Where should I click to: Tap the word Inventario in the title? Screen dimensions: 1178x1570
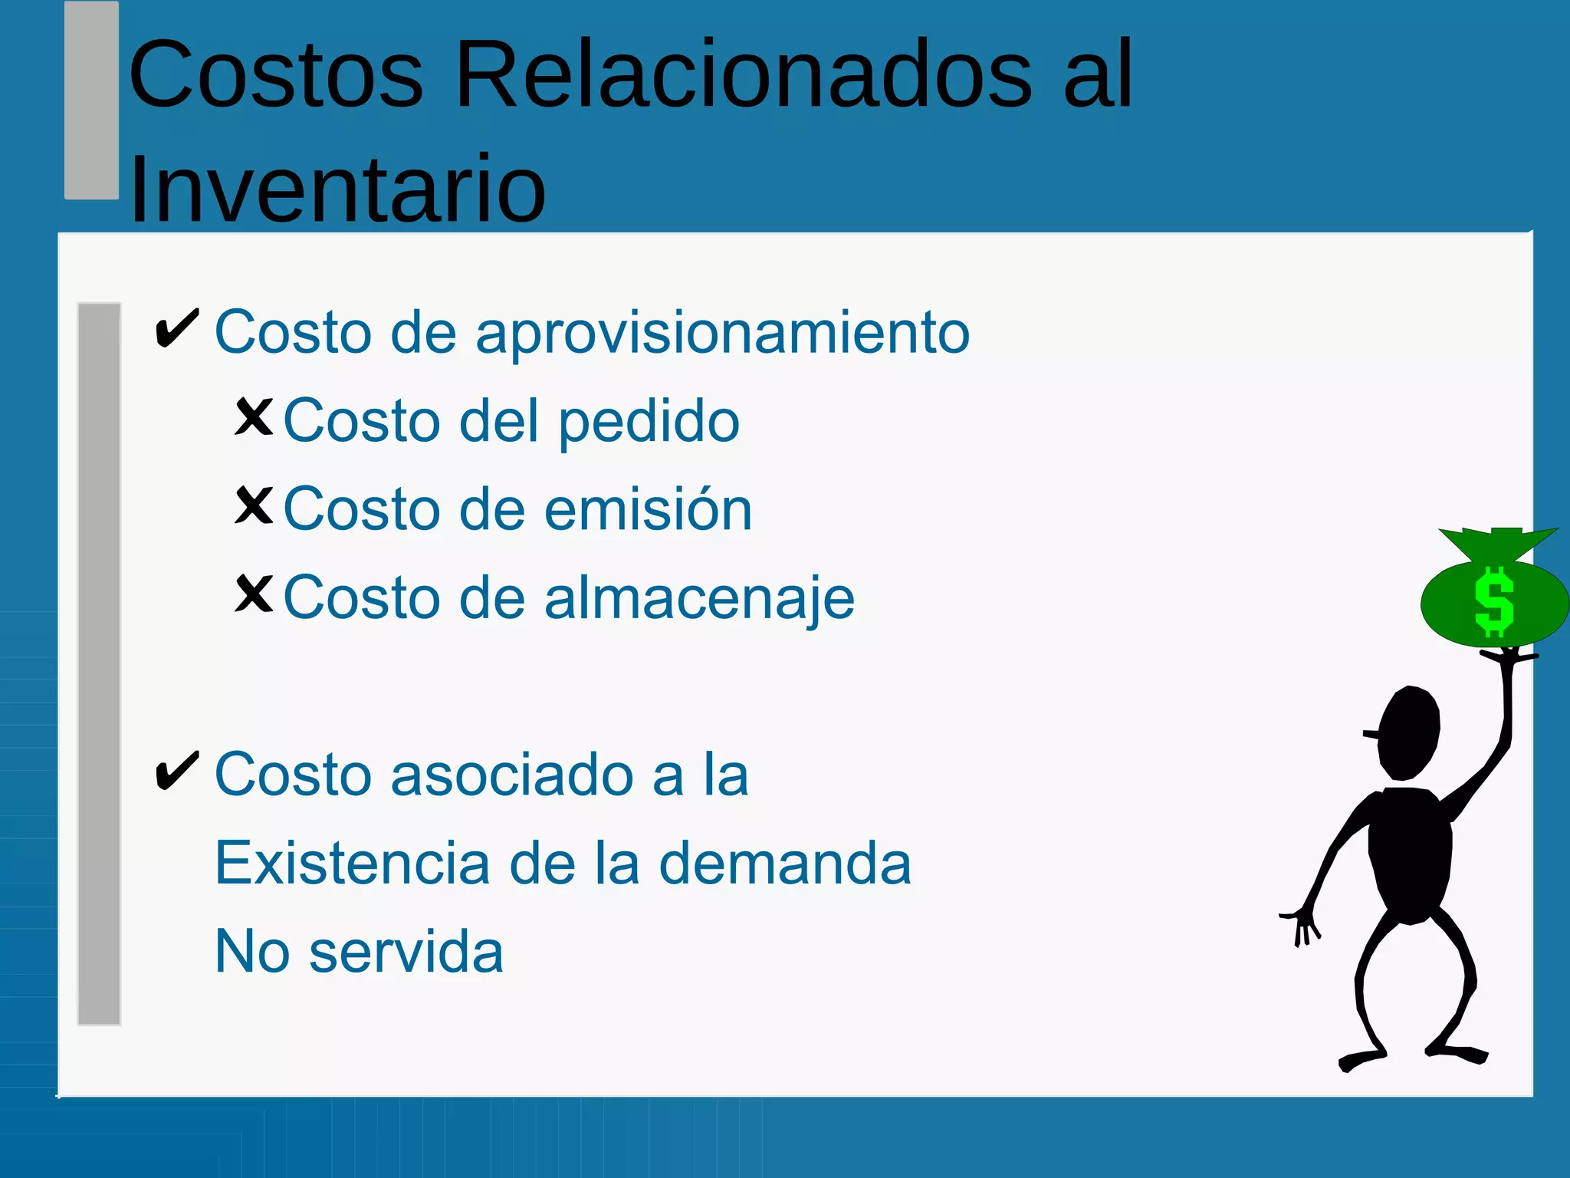pos(337,189)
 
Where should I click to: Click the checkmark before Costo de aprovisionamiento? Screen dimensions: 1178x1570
pos(177,329)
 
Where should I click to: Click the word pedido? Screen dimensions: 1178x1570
pos(649,423)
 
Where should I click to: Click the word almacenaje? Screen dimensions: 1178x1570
pos(699,599)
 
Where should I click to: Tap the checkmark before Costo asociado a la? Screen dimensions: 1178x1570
pos(177,771)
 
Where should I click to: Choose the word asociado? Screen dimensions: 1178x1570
pos(512,775)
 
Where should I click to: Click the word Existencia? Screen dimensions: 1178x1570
pos(352,863)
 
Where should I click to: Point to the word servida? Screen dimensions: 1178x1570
pos(406,952)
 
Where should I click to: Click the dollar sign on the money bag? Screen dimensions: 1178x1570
pos(1494,603)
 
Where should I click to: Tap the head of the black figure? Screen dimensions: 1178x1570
pos(1409,733)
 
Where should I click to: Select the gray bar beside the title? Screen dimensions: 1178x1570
pos(91,100)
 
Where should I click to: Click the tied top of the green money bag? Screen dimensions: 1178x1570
pos(1499,544)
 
